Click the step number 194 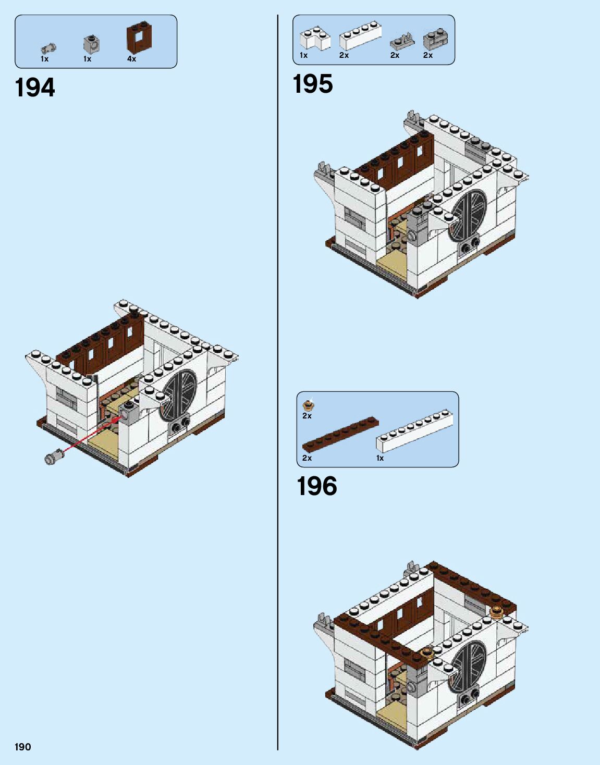35,88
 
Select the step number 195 313,84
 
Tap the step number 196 317,486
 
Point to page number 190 23,747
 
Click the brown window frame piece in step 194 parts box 140,37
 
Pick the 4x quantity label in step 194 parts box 131,59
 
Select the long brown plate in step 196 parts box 340,434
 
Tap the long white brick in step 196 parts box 414,430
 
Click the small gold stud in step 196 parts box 309,404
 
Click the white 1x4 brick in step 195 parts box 360,35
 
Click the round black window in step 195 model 468,215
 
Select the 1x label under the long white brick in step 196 380,458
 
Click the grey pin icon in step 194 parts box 48,48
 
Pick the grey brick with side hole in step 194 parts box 91,44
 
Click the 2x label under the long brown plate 307,458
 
